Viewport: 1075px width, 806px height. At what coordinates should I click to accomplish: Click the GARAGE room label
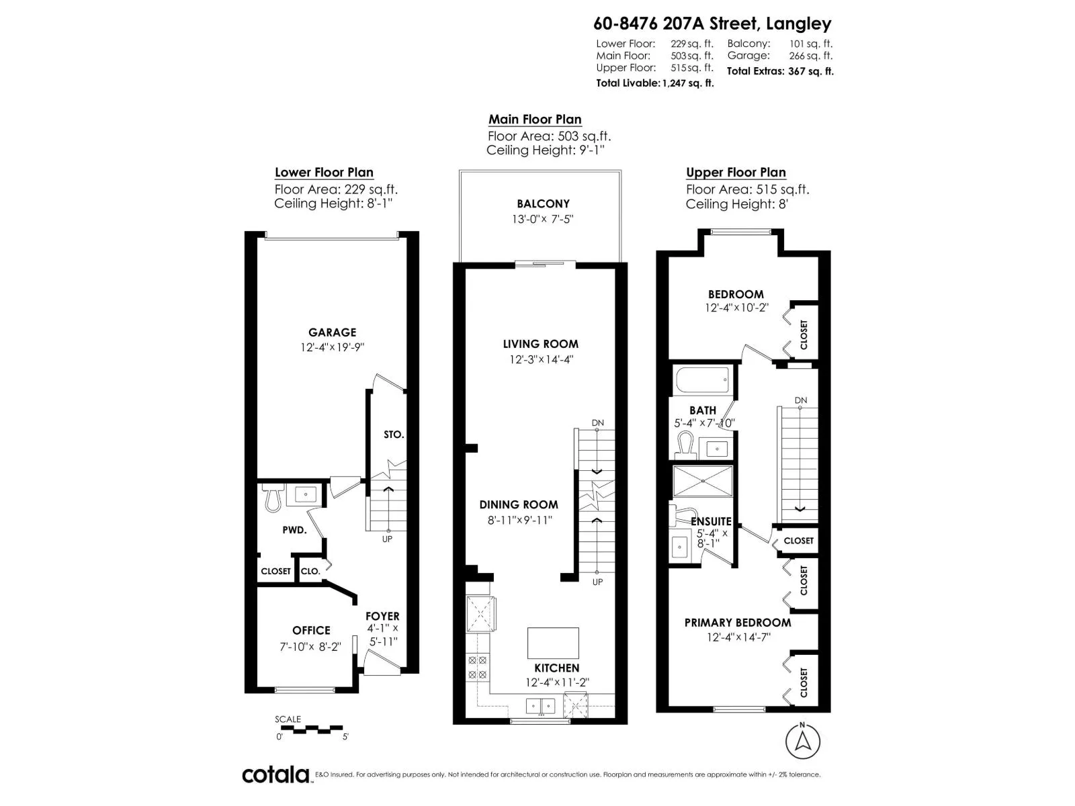coord(332,332)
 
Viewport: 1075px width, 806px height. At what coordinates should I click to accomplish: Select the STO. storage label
coord(394,435)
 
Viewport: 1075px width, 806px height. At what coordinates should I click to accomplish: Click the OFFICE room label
coord(311,631)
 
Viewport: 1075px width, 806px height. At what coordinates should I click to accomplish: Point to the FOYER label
coord(382,616)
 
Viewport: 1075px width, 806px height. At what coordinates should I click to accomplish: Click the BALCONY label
coord(543,204)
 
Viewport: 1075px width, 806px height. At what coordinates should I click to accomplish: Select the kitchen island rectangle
coord(553,643)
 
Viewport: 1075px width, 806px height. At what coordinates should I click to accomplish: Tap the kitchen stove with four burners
coord(477,667)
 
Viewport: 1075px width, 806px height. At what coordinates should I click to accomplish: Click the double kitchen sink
coord(540,706)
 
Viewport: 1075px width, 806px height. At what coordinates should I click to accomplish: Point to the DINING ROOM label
coord(519,504)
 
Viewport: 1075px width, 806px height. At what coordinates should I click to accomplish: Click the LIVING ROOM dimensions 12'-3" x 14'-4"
coord(541,359)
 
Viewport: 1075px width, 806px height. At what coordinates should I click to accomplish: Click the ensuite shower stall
coord(703,481)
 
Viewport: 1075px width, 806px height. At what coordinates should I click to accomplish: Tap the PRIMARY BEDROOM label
coord(738,623)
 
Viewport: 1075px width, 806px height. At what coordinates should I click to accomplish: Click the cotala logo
coord(275,774)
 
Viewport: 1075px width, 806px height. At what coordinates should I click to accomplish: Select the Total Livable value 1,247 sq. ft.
coord(687,83)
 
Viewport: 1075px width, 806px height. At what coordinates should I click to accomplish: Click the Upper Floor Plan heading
coord(736,173)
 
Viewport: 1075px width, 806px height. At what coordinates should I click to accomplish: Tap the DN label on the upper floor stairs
coord(800,400)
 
